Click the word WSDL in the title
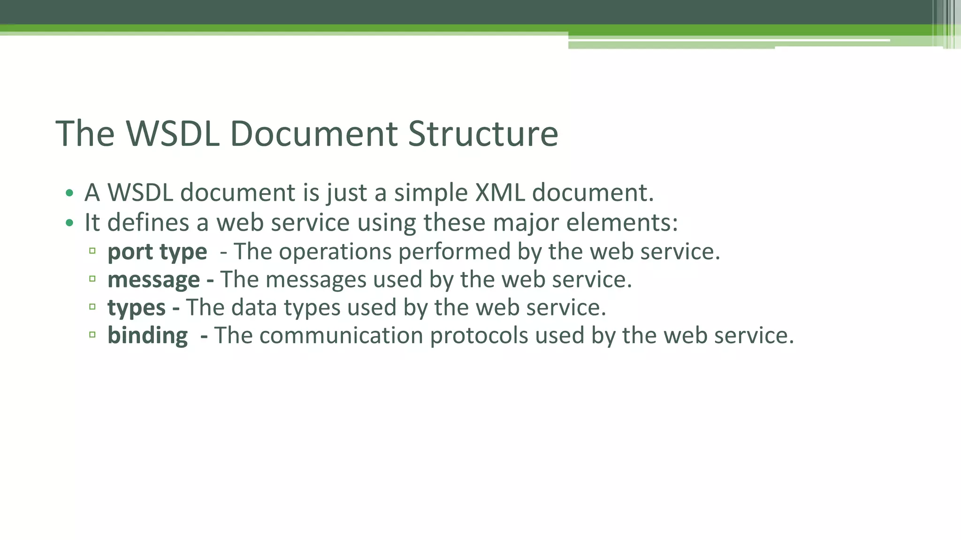pyautogui.click(x=173, y=134)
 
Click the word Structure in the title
pyautogui.click(x=483, y=134)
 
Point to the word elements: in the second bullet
pyautogui.click(x=622, y=223)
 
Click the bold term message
pyautogui.click(x=153, y=280)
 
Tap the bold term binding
pyautogui.click(x=147, y=336)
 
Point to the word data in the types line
pyautogui.click(x=254, y=308)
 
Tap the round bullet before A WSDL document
pyautogui.click(x=69, y=193)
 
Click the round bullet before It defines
pyautogui.click(x=69, y=223)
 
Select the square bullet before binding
pyautogui.click(x=92, y=335)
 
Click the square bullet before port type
pyautogui.click(x=92, y=251)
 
